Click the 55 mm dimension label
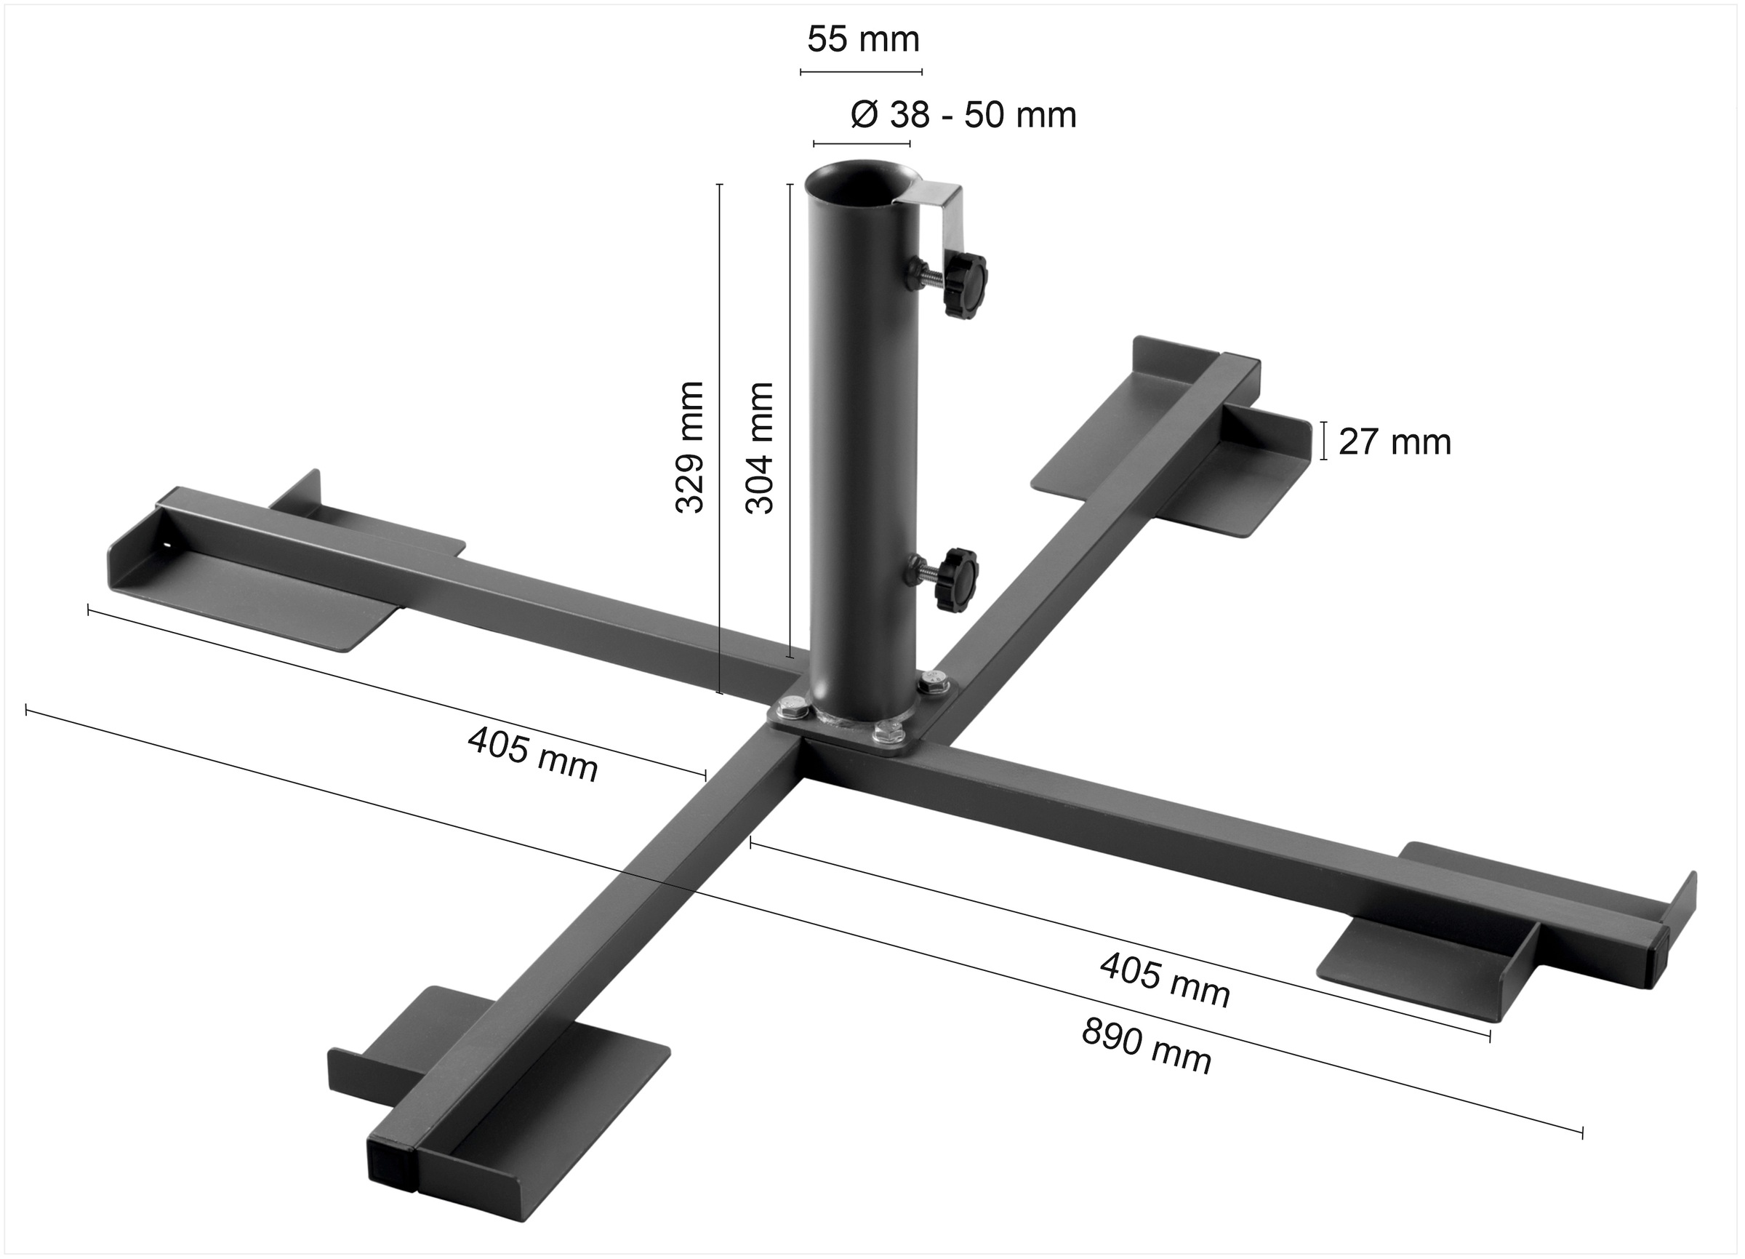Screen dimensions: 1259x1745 (x=862, y=40)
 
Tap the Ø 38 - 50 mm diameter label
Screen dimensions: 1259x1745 (x=963, y=116)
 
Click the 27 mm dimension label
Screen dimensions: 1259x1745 (x=1394, y=442)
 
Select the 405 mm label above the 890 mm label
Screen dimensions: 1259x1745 (x=1165, y=980)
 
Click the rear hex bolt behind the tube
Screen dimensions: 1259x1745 (x=934, y=682)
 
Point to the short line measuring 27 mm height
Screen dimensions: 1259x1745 (x=1323, y=441)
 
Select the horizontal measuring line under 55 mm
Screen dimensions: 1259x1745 (x=861, y=72)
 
